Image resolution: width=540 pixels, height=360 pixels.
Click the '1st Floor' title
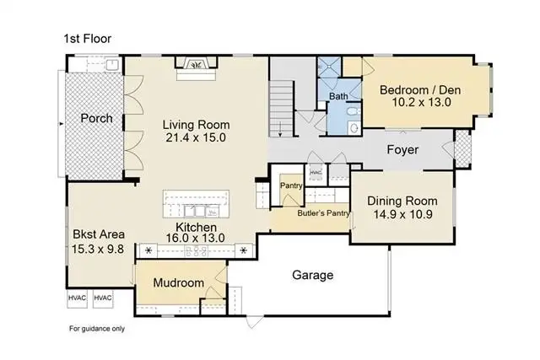(x=88, y=39)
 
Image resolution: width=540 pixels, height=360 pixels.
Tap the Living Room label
(x=196, y=125)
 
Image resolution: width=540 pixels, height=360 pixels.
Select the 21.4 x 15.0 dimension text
(x=196, y=137)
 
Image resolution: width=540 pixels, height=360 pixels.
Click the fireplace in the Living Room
(x=197, y=64)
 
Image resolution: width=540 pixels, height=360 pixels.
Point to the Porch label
(x=96, y=118)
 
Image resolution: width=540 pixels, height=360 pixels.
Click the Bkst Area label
(x=99, y=234)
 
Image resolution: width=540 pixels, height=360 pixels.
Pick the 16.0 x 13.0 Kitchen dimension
(x=196, y=238)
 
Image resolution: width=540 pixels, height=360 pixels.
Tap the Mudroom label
(x=179, y=283)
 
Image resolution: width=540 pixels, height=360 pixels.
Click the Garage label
(x=313, y=275)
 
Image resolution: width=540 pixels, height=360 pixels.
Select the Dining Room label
(x=402, y=201)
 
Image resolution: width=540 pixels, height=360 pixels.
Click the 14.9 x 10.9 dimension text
(x=403, y=214)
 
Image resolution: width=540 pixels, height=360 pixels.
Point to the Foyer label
(x=402, y=150)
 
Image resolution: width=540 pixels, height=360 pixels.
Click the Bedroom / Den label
(x=420, y=90)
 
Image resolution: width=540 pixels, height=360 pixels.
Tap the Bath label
(x=338, y=96)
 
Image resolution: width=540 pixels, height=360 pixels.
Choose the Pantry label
(x=291, y=185)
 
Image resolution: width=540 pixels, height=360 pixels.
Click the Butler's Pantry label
(x=323, y=213)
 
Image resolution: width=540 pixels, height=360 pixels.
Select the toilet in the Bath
(x=353, y=112)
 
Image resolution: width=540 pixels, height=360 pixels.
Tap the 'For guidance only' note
(x=97, y=329)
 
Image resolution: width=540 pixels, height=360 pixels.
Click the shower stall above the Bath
(x=329, y=67)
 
